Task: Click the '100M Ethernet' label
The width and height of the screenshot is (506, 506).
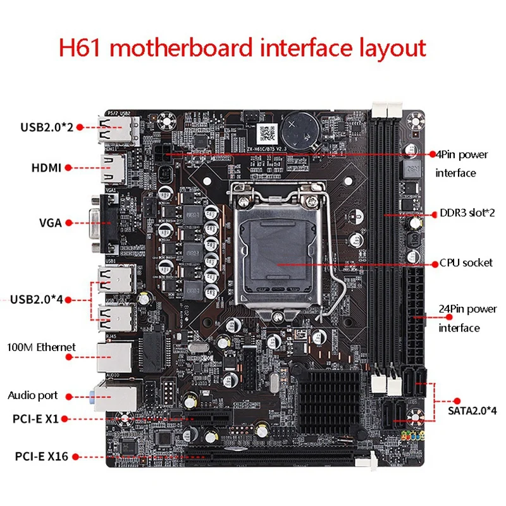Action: (x=41, y=347)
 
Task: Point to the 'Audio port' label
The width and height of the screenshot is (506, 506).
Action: (x=33, y=395)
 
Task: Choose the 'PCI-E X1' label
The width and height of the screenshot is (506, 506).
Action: (x=35, y=418)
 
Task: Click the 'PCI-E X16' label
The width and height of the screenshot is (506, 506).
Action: (x=37, y=455)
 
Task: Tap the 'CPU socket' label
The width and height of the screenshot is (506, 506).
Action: (x=467, y=262)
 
